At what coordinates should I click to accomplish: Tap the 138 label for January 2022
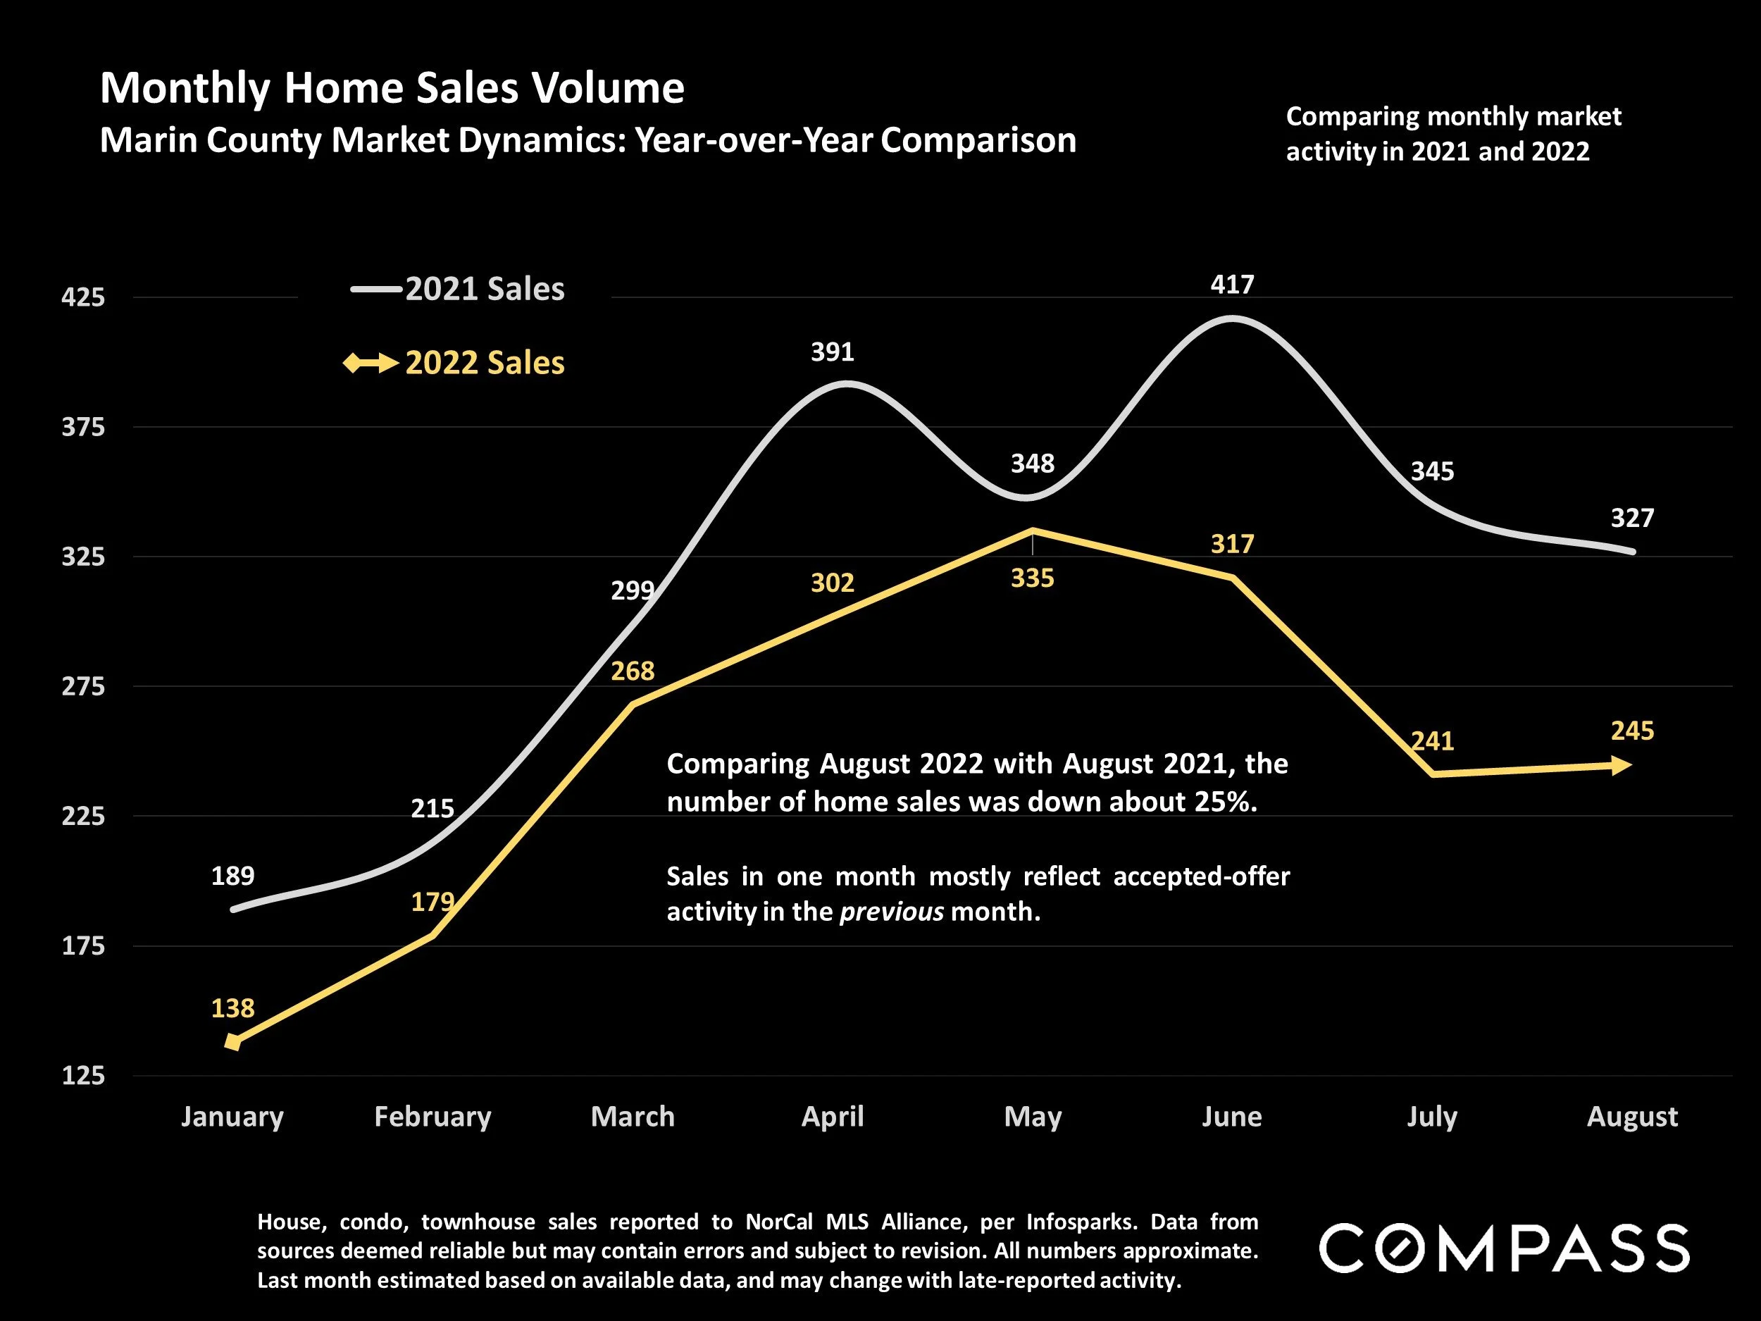232,1009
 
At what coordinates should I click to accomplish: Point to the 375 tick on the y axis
84,428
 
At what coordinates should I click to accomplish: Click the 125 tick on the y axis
84,1076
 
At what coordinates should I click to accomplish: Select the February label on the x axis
433,1117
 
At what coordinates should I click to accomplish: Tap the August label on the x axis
1632,1117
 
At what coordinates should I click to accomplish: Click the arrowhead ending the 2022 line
1621,766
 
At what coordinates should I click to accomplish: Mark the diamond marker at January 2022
232,1041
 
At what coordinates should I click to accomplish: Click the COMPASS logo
1504,1248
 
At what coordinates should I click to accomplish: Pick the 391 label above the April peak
832,352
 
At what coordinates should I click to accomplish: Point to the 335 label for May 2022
1032,578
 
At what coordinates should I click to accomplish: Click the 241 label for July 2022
1432,741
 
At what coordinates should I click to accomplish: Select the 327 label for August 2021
1632,519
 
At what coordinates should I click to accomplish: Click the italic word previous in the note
891,911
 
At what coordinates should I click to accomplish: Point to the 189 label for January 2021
232,876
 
